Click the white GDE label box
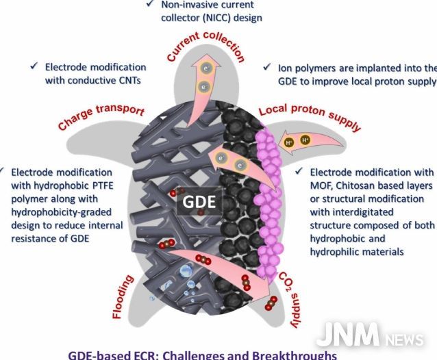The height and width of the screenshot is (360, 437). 199,202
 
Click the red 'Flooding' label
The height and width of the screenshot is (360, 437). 123,296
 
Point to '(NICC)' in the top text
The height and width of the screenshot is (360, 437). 216,18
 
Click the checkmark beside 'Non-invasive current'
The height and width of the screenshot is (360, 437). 150,3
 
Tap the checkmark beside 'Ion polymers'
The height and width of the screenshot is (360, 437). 267,67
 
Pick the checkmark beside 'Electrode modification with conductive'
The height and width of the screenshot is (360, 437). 34,66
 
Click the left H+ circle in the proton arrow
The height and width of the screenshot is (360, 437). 289,142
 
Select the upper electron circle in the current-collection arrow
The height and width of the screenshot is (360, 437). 206,68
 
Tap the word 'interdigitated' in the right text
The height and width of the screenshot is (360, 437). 351,212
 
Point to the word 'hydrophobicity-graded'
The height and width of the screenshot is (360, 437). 62,212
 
